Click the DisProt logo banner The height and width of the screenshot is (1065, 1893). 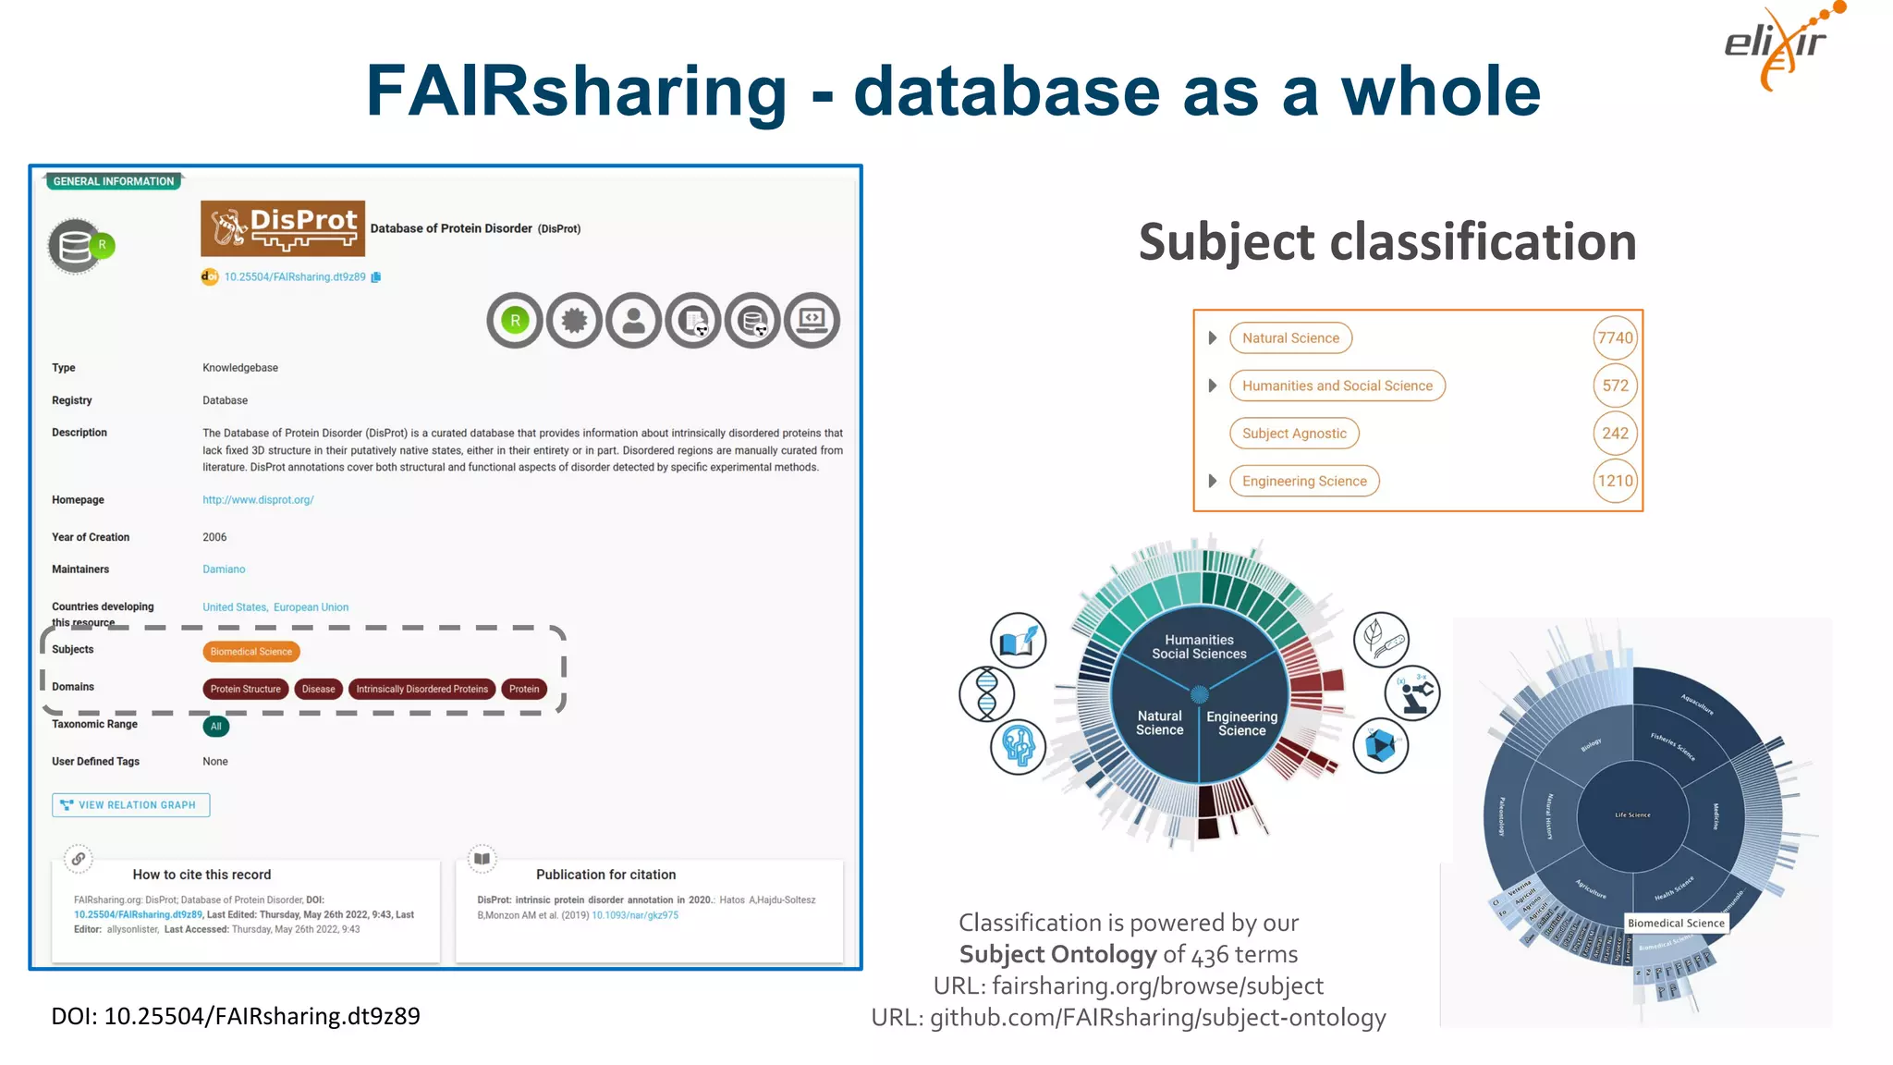tap(282, 228)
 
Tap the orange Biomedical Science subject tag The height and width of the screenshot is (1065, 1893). tap(250, 652)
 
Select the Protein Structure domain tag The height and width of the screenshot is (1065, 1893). tap(245, 689)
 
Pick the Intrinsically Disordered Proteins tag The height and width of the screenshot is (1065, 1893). tap(421, 689)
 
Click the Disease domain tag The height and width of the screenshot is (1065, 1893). tap(318, 689)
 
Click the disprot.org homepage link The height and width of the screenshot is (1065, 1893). tap(258, 500)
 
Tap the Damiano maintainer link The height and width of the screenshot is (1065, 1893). tap(224, 569)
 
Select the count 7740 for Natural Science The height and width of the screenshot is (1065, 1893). tap(1615, 338)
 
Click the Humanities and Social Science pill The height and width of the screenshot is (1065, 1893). tap(1337, 386)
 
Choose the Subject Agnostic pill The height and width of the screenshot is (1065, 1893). tap(1294, 434)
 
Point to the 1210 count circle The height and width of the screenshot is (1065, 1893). tap(1615, 481)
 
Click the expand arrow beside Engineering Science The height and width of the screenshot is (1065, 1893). tap(1212, 481)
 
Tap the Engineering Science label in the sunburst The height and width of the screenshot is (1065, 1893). tap(1241, 723)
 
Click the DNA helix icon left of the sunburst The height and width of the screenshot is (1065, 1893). tap(986, 693)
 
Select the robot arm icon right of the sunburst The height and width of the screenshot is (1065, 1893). tap(1412, 692)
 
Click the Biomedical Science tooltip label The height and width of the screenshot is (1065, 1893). tap(1676, 923)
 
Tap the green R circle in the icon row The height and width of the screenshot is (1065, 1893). tap(515, 321)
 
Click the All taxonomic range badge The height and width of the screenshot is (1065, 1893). tap(215, 727)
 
